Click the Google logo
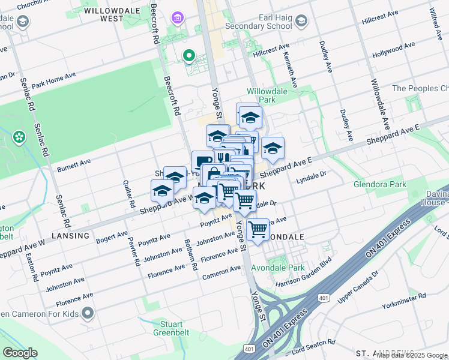click(20, 353)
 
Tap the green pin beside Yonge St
click(189, 56)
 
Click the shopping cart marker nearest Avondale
click(258, 229)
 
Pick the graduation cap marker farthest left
click(161, 191)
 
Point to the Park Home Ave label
click(53, 80)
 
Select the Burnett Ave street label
click(73, 166)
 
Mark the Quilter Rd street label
click(127, 194)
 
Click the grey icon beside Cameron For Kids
click(88, 313)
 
